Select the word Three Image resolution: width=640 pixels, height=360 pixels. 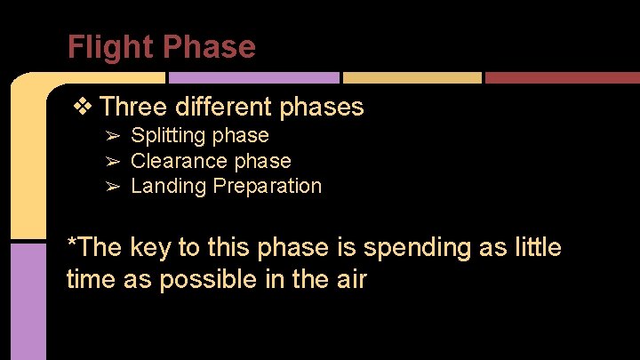click(x=133, y=107)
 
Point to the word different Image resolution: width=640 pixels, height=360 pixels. click(x=223, y=107)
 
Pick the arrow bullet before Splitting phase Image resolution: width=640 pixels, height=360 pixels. click(x=113, y=136)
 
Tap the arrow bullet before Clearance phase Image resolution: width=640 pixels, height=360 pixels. click(x=113, y=161)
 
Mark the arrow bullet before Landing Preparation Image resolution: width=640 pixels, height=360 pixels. click(x=113, y=186)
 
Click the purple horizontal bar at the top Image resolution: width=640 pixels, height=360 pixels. click(x=253, y=78)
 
